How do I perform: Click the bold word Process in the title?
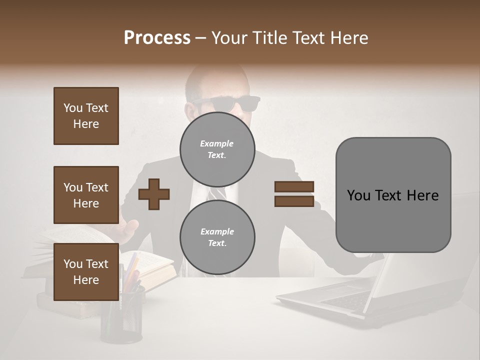[157, 38]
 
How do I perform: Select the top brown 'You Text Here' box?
[86, 116]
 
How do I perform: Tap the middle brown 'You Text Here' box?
[86, 195]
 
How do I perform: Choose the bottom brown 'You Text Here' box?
[86, 272]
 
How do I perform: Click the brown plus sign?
[154, 193]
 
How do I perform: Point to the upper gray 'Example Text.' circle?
[217, 149]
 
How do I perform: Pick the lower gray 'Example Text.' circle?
[217, 237]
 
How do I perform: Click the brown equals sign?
[294, 194]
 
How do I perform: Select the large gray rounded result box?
[393, 195]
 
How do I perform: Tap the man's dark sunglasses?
[227, 103]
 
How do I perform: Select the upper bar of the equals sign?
[294, 186]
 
